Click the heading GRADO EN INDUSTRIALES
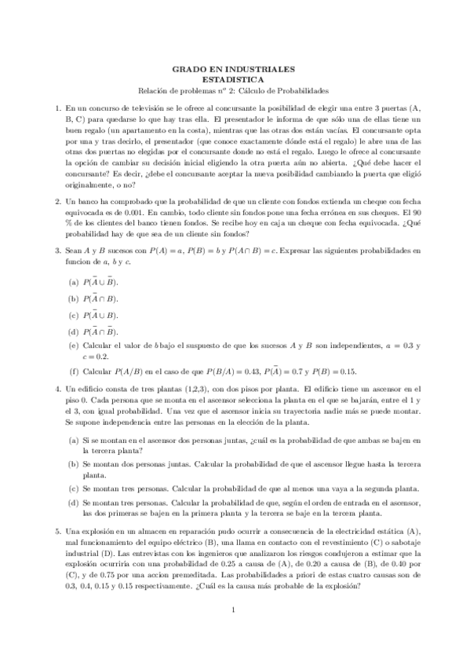pos(235,68)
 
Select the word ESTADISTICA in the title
pos(235,79)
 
